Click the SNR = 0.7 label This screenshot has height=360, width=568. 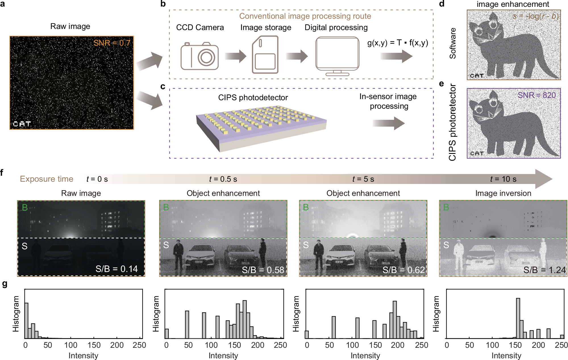pos(112,43)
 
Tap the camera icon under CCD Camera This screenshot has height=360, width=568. pos(199,56)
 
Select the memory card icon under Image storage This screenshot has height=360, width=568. pos(265,55)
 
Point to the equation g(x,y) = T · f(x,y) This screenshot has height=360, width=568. pos(397,43)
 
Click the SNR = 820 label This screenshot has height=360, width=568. pos(536,95)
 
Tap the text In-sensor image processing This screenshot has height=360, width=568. pos(388,101)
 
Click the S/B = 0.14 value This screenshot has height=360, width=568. pos(116,269)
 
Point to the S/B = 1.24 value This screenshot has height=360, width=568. pos(544,270)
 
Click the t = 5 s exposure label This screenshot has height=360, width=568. pos(363,179)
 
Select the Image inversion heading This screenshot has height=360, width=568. pos(503,193)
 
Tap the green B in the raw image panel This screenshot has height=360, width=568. pos(25,208)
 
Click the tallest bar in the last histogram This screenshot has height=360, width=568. pos(518,318)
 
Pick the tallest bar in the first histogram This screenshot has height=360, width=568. pos(26,320)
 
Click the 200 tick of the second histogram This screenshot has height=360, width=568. pos(257,345)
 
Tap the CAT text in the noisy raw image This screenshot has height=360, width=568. pos(22,124)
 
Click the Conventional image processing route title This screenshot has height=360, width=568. pos(305,16)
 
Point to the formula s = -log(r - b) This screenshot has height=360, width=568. pos(535,16)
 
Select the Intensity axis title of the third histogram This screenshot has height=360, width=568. pos(365,355)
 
